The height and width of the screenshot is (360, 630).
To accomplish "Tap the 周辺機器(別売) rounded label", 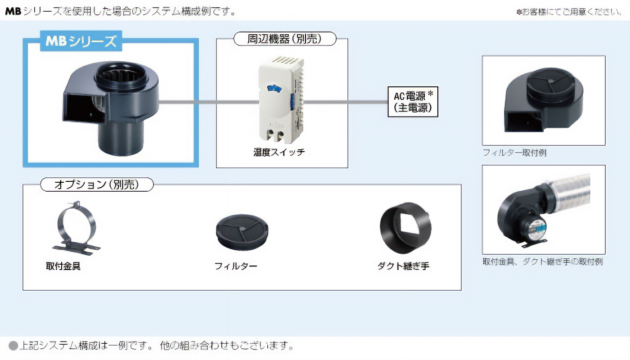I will pyautogui.click(x=285, y=39).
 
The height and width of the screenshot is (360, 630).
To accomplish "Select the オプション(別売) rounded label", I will pyautogui.click(x=97, y=184).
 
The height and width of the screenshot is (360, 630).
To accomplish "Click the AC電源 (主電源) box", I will pyautogui.click(x=413, y=102).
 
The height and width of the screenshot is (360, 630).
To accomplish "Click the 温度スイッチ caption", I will pyautogui.click(x=279, y=152).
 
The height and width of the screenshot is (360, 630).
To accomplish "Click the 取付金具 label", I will pyautogui.click(x=63, y=266).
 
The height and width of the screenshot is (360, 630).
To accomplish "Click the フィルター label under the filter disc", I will pyautogui.click(x=236, y=266).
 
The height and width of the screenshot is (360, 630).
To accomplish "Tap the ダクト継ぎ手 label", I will pyautogui.click(x=403, y=266).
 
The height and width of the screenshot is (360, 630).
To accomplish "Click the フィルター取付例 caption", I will pyautogui.click(x=514, y=153).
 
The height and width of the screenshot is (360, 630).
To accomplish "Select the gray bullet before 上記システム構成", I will pyautogui.click(x=13, y=346).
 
